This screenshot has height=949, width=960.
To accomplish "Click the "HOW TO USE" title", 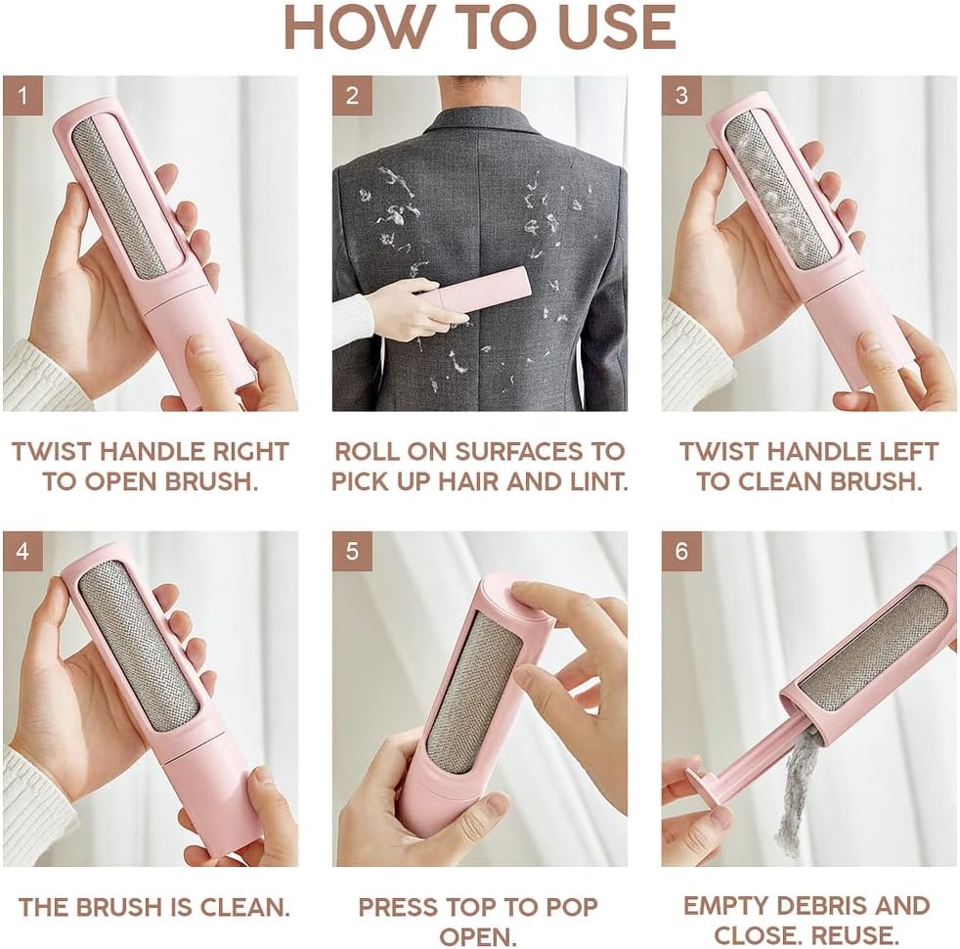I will click(x=479, y=29).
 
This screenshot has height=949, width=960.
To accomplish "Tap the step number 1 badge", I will click(x=22, y=96).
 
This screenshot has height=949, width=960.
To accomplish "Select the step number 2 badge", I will click(x=352, y=96).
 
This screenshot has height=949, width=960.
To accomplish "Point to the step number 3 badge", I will click(x=681, y=96).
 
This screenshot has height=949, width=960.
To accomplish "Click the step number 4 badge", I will click(x=22, y=552).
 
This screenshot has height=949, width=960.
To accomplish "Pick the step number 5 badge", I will click(x=352, y=552).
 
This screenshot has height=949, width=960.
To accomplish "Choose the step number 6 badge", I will click(x=681, y=552).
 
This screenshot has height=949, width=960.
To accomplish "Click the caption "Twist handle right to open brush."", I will click(x=150, y=467).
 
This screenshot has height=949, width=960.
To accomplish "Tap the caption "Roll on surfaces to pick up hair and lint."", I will click(x=479, y=467).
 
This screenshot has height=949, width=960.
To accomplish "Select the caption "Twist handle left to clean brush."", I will click(x=808, y=467).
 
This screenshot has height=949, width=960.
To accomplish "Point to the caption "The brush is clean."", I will click(x=154, y=906).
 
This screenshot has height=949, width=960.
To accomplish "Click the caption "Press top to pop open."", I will click(x=478, y=920).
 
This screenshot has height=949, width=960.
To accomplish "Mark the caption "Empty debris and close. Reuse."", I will click(x=807, y=920).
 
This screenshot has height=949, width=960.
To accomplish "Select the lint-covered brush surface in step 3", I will click(x=777, y=191).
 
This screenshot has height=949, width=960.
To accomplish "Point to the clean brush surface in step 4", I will click(x=137, y=646).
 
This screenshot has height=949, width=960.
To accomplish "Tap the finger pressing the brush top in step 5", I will click(x=547, y=599).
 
